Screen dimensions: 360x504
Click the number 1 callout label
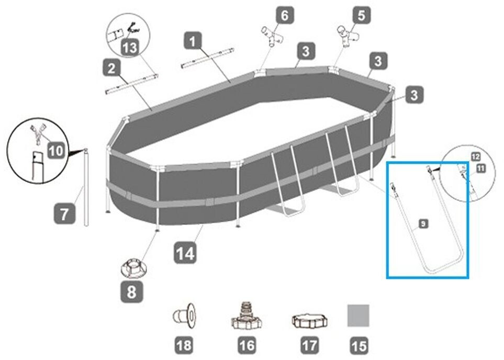(193, 41)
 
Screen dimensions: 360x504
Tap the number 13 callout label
(130, 48)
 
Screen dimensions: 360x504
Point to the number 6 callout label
(285, 15)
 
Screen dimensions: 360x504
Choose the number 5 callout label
(361, 15)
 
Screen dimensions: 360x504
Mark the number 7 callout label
(64, 215)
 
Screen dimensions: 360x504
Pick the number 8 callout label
(131, 292)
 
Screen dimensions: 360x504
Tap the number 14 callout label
(185, 254)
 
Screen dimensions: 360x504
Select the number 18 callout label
(185, 345)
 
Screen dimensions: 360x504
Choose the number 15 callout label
(359, 345)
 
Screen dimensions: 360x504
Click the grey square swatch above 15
(359, 316)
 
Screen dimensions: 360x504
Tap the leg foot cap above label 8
(132, 268)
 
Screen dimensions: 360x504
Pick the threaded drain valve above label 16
(245, 315)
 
